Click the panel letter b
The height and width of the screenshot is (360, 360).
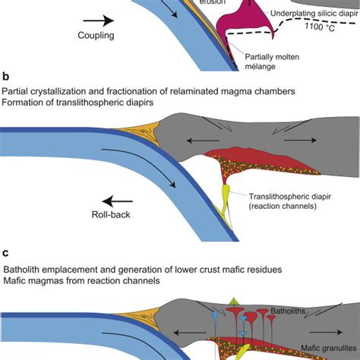point(7,77)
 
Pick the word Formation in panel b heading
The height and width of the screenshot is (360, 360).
point(25,103)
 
